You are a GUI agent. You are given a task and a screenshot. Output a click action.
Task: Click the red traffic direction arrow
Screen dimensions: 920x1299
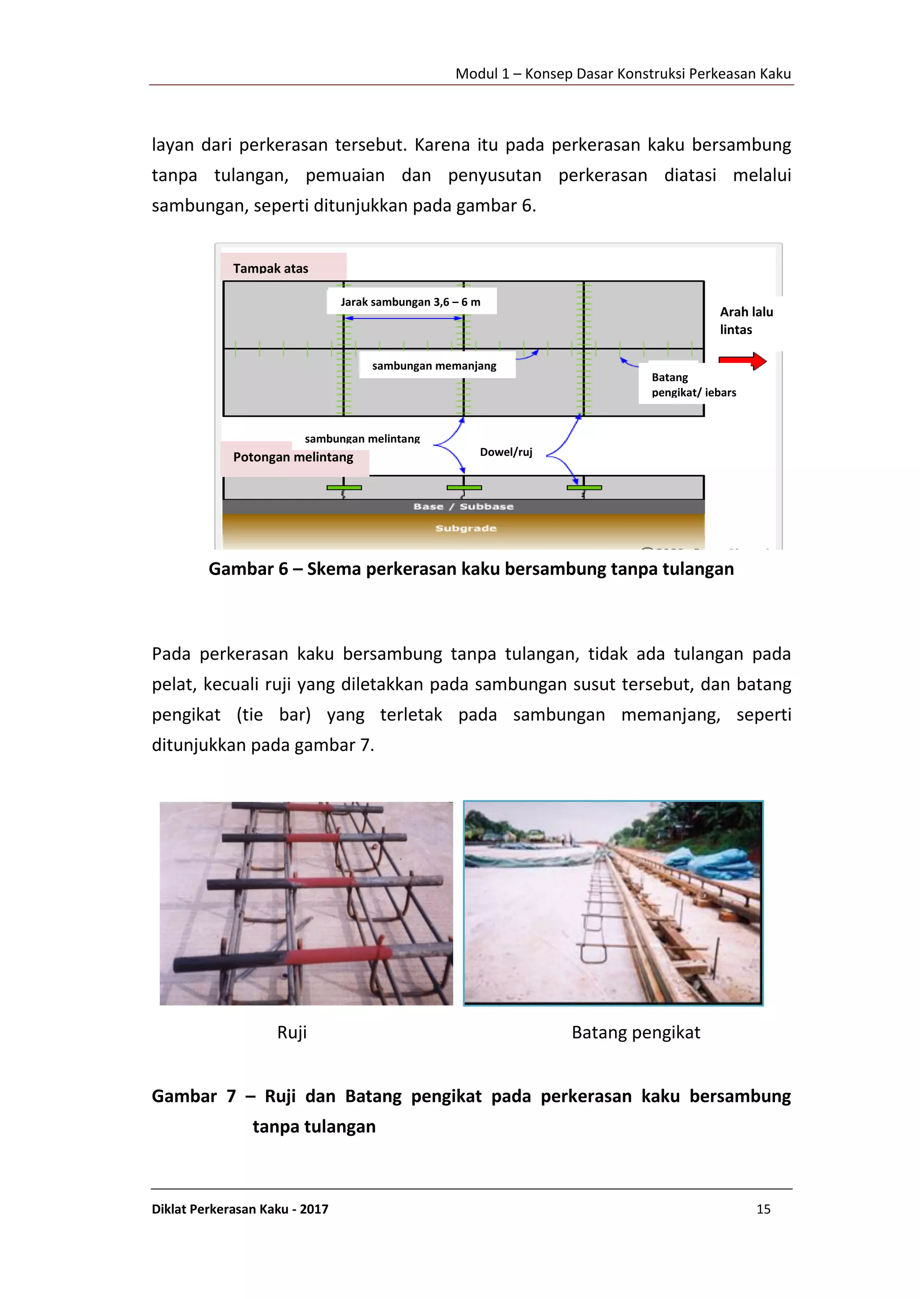[x=742, y=360]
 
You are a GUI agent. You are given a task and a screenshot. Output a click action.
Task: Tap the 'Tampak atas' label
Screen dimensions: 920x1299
[x=271, y=269]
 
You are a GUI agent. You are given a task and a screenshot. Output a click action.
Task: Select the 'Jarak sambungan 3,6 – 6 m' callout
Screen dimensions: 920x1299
[x=411, y=302]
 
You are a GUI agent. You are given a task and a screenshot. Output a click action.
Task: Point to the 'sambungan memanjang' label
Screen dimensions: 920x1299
[x=434, y=366]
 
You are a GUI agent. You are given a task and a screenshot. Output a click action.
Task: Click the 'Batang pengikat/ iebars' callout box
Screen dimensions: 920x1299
[x=694, y=384]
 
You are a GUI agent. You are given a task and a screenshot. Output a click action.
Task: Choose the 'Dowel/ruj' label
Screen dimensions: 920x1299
[x=506, y=452]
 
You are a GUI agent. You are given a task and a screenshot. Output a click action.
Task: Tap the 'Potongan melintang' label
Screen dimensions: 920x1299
[x=293, y=457]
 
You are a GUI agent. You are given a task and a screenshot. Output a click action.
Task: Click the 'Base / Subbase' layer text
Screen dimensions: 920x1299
[x=464, y=507]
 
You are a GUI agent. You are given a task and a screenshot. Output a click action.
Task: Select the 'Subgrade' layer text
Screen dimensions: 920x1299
[x=466, y=528]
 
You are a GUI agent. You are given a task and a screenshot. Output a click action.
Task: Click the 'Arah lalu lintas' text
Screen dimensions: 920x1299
[x=746, y=321]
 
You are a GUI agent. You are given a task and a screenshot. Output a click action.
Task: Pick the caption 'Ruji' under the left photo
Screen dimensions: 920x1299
[x=292, y=1032]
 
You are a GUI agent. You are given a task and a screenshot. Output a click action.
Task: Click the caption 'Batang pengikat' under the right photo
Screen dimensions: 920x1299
[x=636, y=1032]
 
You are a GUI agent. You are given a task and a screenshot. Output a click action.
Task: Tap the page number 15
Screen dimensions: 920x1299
[x=763, y=1209]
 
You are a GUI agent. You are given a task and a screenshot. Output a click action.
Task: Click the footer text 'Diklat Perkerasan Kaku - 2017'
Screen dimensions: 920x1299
[x=240, y=1209]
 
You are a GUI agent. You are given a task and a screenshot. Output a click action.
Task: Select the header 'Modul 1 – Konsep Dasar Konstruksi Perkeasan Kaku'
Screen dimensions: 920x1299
[x=623, y=74]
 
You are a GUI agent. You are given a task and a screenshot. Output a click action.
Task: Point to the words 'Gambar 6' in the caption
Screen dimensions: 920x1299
[x=248, y=569]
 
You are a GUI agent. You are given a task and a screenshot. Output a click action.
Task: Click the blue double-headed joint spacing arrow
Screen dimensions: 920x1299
[x=404, y=318]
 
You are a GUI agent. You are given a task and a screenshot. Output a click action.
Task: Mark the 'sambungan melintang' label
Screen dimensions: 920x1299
[x=362, y=438]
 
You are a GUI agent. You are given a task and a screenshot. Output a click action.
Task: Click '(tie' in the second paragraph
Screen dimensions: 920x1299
[x=250, y=715]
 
